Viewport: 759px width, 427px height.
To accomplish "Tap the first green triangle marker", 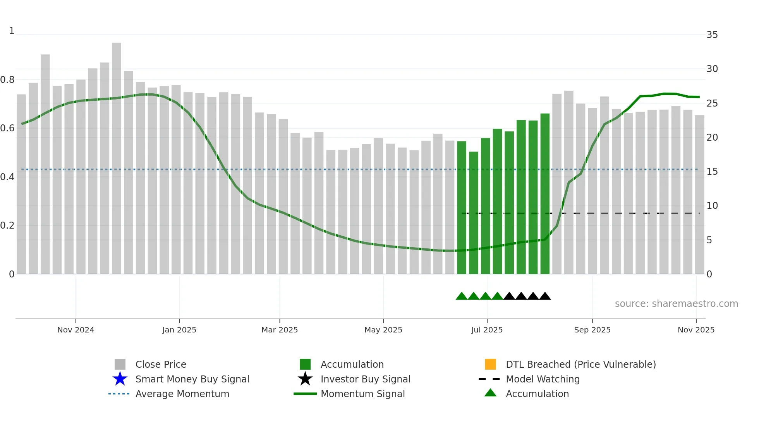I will (461, 296).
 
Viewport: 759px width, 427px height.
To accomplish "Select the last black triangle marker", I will (545, 296).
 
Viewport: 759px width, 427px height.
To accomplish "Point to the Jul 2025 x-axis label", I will (487, 330).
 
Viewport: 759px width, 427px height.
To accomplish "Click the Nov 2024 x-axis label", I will (76, 330).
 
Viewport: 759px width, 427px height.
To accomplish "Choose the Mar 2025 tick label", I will (280, 330).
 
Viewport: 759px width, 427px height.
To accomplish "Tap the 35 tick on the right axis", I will (712, 35).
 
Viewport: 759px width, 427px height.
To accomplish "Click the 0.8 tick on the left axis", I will (7, 80).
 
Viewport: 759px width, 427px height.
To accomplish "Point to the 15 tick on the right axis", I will (712, 172).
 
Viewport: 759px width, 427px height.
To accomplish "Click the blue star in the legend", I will (120, 379).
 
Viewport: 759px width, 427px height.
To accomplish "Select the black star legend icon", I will (305, 379).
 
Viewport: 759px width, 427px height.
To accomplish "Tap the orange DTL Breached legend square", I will (490, 364).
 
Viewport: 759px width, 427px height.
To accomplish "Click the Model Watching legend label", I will (543, 379).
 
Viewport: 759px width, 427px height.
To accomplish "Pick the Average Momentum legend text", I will (182, 394).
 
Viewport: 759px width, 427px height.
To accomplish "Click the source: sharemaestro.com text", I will (676, 304).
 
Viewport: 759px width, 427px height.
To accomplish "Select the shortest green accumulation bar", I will (474, 213).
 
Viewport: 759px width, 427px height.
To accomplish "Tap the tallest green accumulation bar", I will (545, 194).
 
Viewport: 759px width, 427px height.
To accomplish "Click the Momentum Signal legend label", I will (362, 394).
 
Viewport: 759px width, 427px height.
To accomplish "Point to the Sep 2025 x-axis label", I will (592, 330).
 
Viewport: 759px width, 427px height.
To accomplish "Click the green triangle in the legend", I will (490, 393).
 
